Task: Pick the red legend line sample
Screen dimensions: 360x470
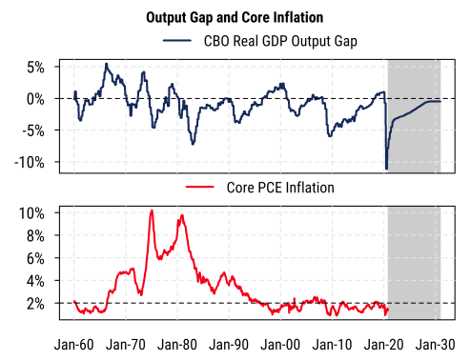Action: click(x=202, y=188)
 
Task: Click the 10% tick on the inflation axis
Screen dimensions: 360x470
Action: click(x=31, y=212)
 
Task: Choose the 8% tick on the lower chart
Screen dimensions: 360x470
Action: click(x=34, y=235)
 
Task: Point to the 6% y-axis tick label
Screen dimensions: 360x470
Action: click(x=34, y=258)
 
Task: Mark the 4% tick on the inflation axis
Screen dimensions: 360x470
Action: click(x=34, y=281)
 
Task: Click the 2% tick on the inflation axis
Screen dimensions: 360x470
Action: click(x=34, y=304)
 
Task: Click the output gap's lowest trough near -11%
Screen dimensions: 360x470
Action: click(x=386, y=169)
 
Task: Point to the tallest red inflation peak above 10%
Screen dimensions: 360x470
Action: click(x=152, y=210)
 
